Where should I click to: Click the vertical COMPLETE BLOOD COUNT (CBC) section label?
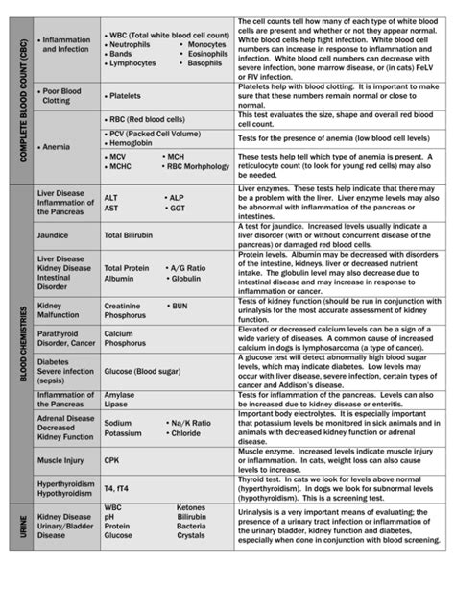click(19, 98)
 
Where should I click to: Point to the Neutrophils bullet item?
click(130, 45)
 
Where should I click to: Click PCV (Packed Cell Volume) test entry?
click(154, 134)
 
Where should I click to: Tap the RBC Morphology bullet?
click(198, 165)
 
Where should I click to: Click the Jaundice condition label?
click(54, 233)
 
